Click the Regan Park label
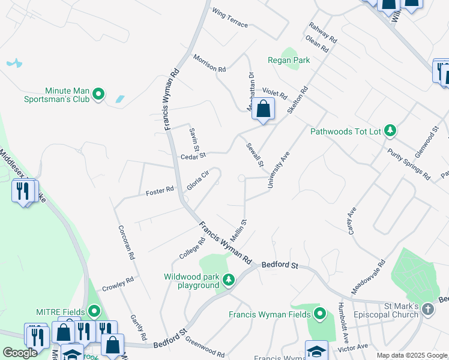point(289,61)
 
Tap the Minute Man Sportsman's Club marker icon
point(98,94)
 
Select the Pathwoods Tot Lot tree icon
point(390,130)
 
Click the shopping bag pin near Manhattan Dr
point(263,109)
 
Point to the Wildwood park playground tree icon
point(228,280)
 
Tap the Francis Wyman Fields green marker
point(319,314)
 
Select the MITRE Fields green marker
point(94,311)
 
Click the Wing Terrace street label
point(229,18)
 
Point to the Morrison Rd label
point(209,63)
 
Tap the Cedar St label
point(193,156)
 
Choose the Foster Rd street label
point(160,191)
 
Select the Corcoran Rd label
point(127,242)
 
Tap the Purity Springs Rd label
point(409,164)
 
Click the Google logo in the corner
point(20,353)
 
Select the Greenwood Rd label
point(205,348)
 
